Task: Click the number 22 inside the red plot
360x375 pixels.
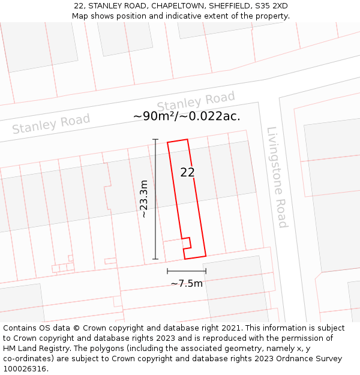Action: [x=187, y=172]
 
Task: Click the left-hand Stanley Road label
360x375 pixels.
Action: [x=51, y=124]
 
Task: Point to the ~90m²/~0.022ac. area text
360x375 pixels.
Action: [x=187, y=116]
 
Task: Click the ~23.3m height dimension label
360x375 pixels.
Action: [x=143, y=199]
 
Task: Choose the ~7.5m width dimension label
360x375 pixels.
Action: [x=187, y=283]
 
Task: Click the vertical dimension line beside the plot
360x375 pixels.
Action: [x=155, y=199]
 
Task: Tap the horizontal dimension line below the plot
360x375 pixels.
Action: [x=187, y=271]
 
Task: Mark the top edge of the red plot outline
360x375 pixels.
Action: [x=178, y=141]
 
